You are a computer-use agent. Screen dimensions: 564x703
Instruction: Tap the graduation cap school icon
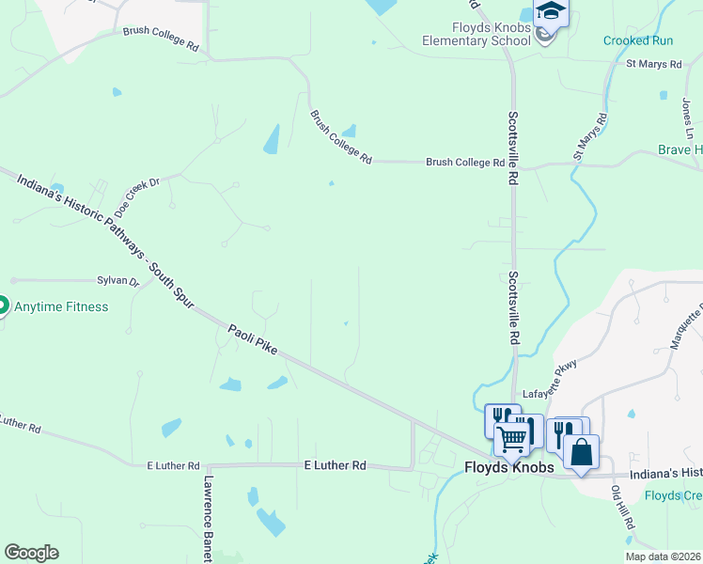[x=551, y=12]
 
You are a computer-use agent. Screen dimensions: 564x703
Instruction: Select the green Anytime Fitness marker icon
[x=3, y=306]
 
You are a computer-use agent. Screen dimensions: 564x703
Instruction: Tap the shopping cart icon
[x=512, y=439]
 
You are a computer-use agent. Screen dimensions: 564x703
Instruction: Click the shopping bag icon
[x=582, y=452]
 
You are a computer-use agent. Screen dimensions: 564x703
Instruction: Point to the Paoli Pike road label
[x=253, y=339]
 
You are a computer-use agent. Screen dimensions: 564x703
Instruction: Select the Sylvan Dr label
[x=118, y=281]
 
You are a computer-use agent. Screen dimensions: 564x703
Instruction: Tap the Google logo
[x=31, y=553]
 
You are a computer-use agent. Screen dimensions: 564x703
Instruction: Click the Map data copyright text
[x=664, y=556]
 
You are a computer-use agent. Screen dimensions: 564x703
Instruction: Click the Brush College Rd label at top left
[x=162, y=39]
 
